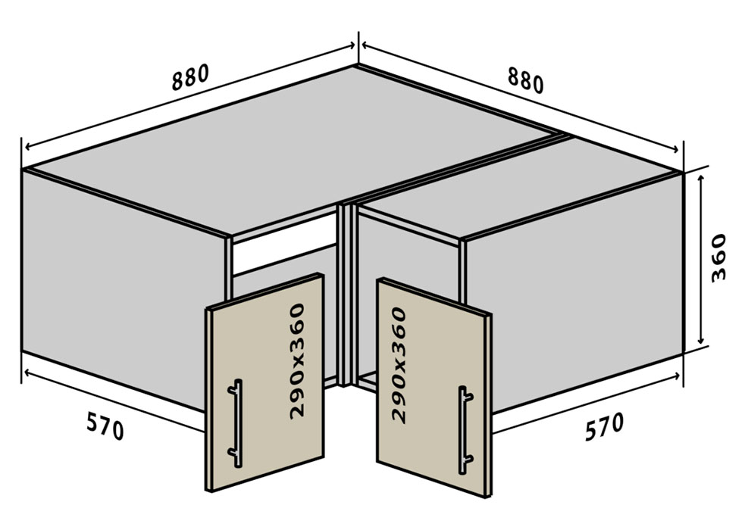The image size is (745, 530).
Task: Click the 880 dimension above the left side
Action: click(190, 77)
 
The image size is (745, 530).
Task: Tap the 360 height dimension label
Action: click(718, 258)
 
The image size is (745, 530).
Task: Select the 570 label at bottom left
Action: click(105, 426)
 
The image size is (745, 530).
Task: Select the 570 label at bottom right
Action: click(603, 426)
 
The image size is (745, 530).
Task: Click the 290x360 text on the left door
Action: click(297, 361)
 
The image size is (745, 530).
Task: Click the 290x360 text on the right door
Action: click(399, 364)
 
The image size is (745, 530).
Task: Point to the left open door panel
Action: click(265, 382)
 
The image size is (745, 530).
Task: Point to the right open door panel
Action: click(434, 387)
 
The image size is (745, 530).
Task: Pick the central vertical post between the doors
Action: click(346, 295)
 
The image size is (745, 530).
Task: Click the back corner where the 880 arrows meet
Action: click(357, 65)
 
